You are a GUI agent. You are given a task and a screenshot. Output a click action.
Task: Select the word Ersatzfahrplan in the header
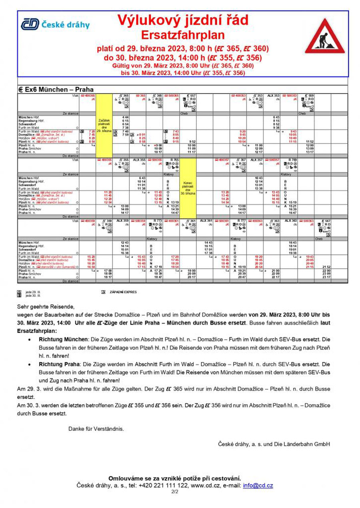tap(182, 36)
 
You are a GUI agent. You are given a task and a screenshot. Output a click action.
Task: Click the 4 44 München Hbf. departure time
tap(125, 116)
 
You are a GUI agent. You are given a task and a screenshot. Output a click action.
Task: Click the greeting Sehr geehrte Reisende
tap(46, 307)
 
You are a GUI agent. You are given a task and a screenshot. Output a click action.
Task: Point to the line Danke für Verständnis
tap(96, 429)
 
